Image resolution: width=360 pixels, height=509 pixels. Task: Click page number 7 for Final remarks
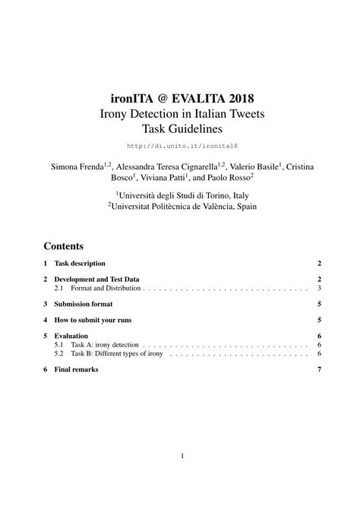[x=321, y=369]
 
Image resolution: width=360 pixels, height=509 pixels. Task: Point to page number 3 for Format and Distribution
[x=321, y=289]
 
